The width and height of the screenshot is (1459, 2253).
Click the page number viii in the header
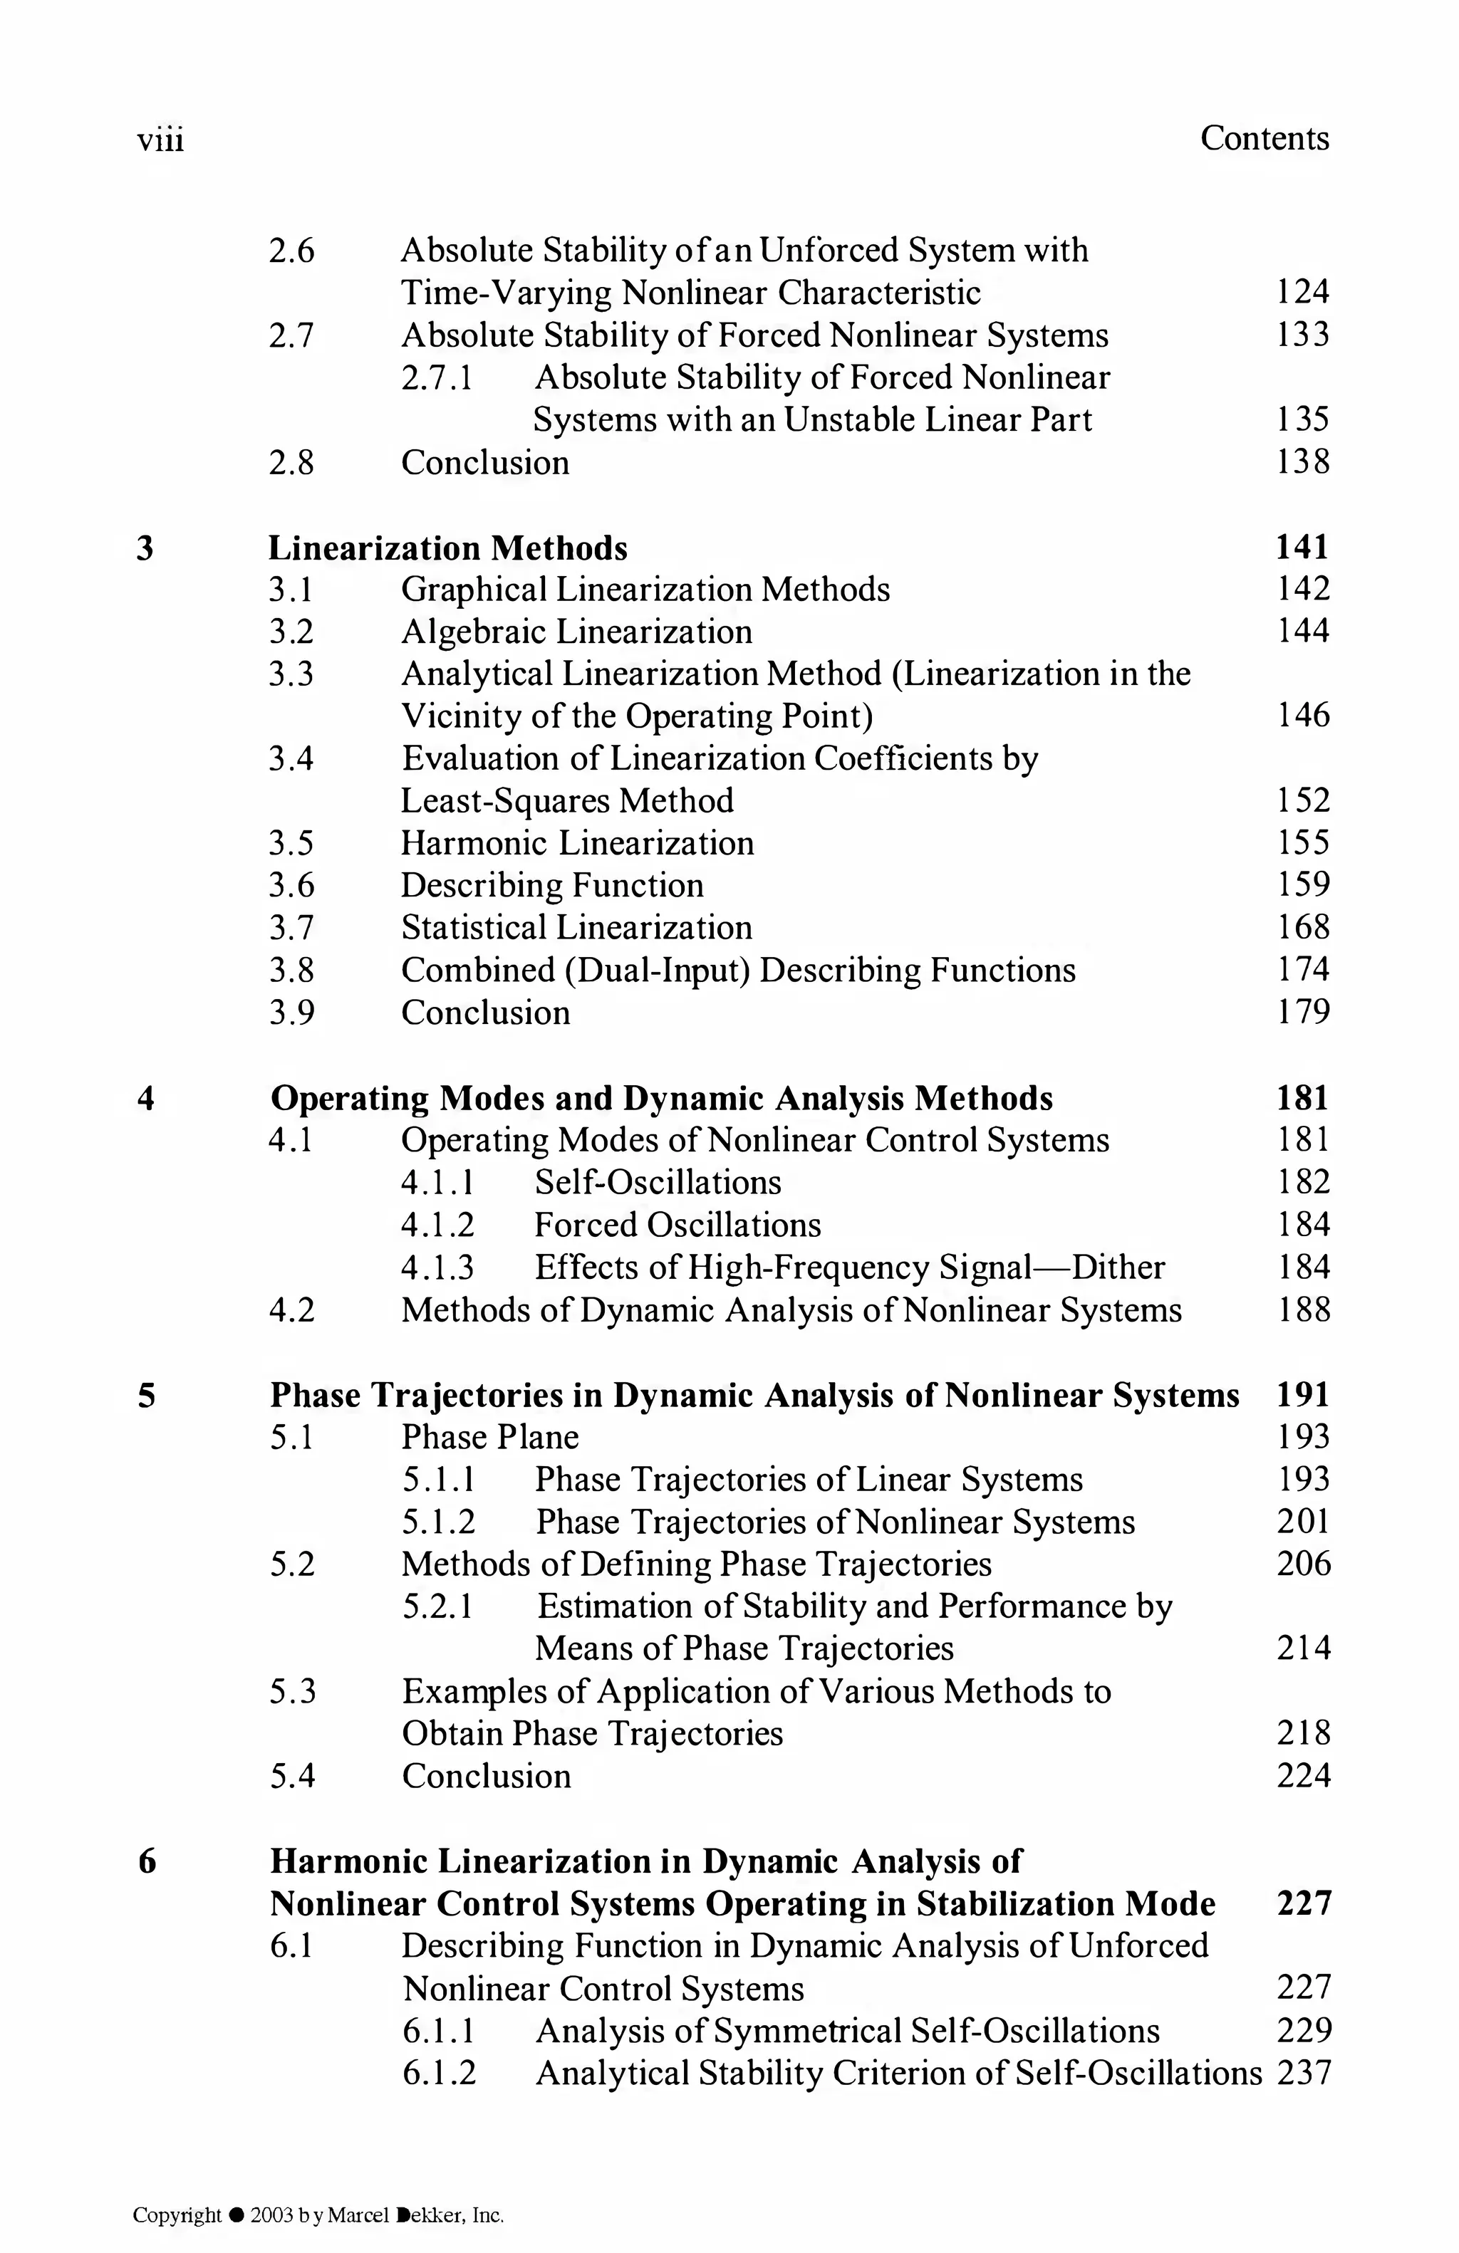pyautogui.click(x=160, y=140)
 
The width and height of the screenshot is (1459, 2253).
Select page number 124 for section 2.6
pyautogui.click(x=1303, y=291)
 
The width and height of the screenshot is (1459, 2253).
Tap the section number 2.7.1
pyautogui.click(x=437, y=377)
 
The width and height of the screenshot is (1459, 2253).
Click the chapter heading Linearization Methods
pyautogui.click(x=448, y=548)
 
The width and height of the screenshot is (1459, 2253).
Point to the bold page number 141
pyautogui.click(x=1303, y=547)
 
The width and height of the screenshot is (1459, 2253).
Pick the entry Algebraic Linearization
pyautogui.click(x=576, y=632)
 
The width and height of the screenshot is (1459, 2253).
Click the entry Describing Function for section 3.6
pyautogui.click(x=552, y=885)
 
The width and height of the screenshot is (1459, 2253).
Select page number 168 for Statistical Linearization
pyautogui.click(x=1303, y=926)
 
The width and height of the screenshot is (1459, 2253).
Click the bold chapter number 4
pyautogui.click(x=146, y=1098)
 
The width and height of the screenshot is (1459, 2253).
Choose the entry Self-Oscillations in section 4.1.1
pyautogui.click(x=658, y=1182)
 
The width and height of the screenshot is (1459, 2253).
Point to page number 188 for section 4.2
pyautogui.click(x=1303, y=1310)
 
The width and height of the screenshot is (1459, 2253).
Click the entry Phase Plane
pyautogui.click(x=489, y=1437)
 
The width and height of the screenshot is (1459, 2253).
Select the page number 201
pyautogui.click(x=1303, y=1521)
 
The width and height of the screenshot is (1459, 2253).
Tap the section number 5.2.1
pyautogui.click(x=437, y=1606)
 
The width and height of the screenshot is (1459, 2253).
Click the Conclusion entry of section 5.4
pyautogui.click(x=486, y=1776)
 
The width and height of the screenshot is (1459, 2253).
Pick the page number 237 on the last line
pyautogui.click(x=1304, y=2073)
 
